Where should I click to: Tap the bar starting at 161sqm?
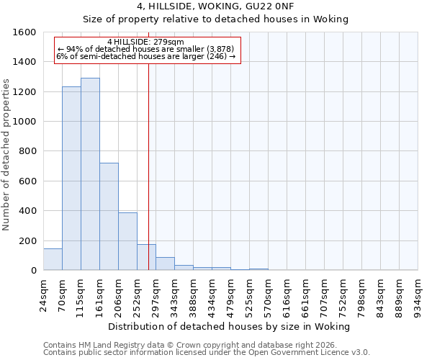pyautogui.click(x=109, y=216)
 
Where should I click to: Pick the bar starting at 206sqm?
pyautogui.click(x=127, y=241)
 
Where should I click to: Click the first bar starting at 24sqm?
pyautogui.click(x=53, y=259)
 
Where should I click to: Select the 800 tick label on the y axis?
pyautogui.click(x=28, y=151)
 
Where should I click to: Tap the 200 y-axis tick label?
pyautogui.click(x=28, y=240)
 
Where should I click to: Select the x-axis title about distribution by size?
pyautogui.click(x=230, y=326)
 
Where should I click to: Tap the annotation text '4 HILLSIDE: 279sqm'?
pyautogui.click(x=145, y=42)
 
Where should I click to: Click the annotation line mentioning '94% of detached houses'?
pyautogui.click(x=145, y=49)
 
